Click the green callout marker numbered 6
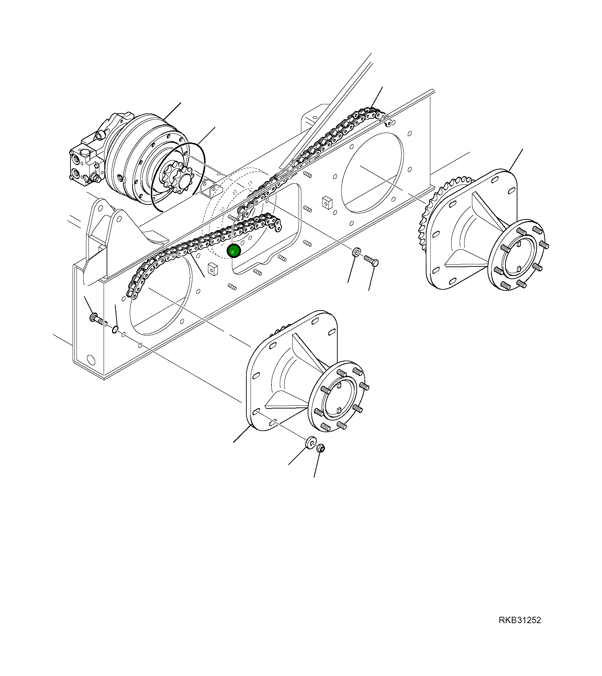[x=234, y=251]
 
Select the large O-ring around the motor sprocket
[x=178, y=176]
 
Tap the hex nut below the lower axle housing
[x=321, y=448]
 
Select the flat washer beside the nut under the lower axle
[x=311, y=442]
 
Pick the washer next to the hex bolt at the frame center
[x=356, y=252]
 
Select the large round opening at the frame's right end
[x=373, y=173]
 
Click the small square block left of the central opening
[x=213, y=269]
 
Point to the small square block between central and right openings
[x=326, y=202]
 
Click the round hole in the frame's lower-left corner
[x=91, y=360]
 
